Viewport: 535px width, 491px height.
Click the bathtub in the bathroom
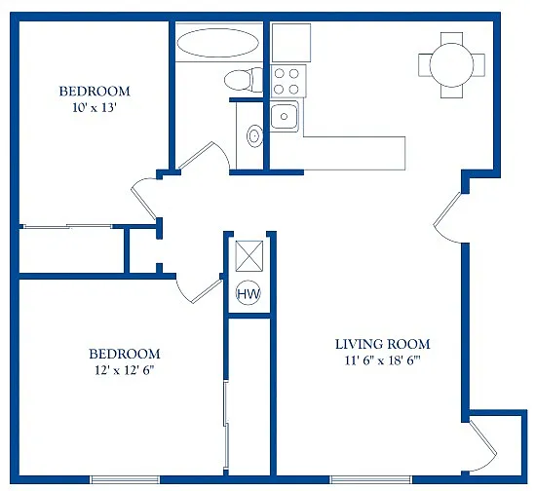coord(217,43)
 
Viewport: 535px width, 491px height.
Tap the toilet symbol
coord(239,80)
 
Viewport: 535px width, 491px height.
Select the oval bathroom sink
coord(254,135)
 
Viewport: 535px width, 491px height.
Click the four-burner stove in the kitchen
coord(288,80)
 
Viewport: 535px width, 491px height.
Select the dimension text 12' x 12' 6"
coord(125,370)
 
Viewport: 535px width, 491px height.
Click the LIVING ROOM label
coord(382,344)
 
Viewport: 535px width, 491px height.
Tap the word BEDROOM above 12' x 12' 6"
coord(125,353)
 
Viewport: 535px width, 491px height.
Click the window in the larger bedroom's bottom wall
coord(125,478)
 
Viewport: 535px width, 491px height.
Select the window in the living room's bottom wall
coord(363,478)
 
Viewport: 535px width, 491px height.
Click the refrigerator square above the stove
coord(289,43)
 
